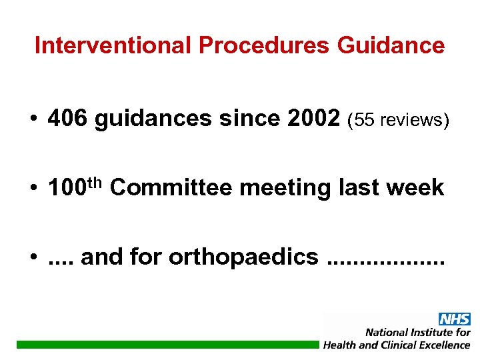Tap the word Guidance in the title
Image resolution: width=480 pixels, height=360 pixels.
391,45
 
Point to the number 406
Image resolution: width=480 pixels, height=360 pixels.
68,119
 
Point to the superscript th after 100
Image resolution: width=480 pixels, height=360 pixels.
97,182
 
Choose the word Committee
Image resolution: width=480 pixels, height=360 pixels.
171,188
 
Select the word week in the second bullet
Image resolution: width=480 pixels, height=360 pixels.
417,188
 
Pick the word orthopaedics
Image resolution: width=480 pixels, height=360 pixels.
243,257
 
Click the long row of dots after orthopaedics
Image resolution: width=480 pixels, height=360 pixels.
385,261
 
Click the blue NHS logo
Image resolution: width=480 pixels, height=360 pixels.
454,319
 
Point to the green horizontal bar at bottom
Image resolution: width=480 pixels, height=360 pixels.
167,344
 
